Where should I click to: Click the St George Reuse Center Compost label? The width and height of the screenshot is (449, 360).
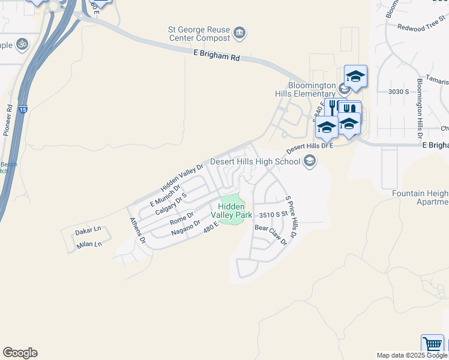[198, 34]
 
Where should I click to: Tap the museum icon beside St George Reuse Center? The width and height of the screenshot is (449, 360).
[240, 32]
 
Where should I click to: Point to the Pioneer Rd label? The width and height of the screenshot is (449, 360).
[8, 121]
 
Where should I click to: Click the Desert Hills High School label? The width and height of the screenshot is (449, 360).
[255, 161]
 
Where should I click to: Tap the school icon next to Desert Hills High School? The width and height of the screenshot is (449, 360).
[310, 161]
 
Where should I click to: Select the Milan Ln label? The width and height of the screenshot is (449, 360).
[89, 244]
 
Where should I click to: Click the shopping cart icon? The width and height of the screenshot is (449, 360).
[432, 344]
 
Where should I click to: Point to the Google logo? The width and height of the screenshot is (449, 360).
[20, 353]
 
